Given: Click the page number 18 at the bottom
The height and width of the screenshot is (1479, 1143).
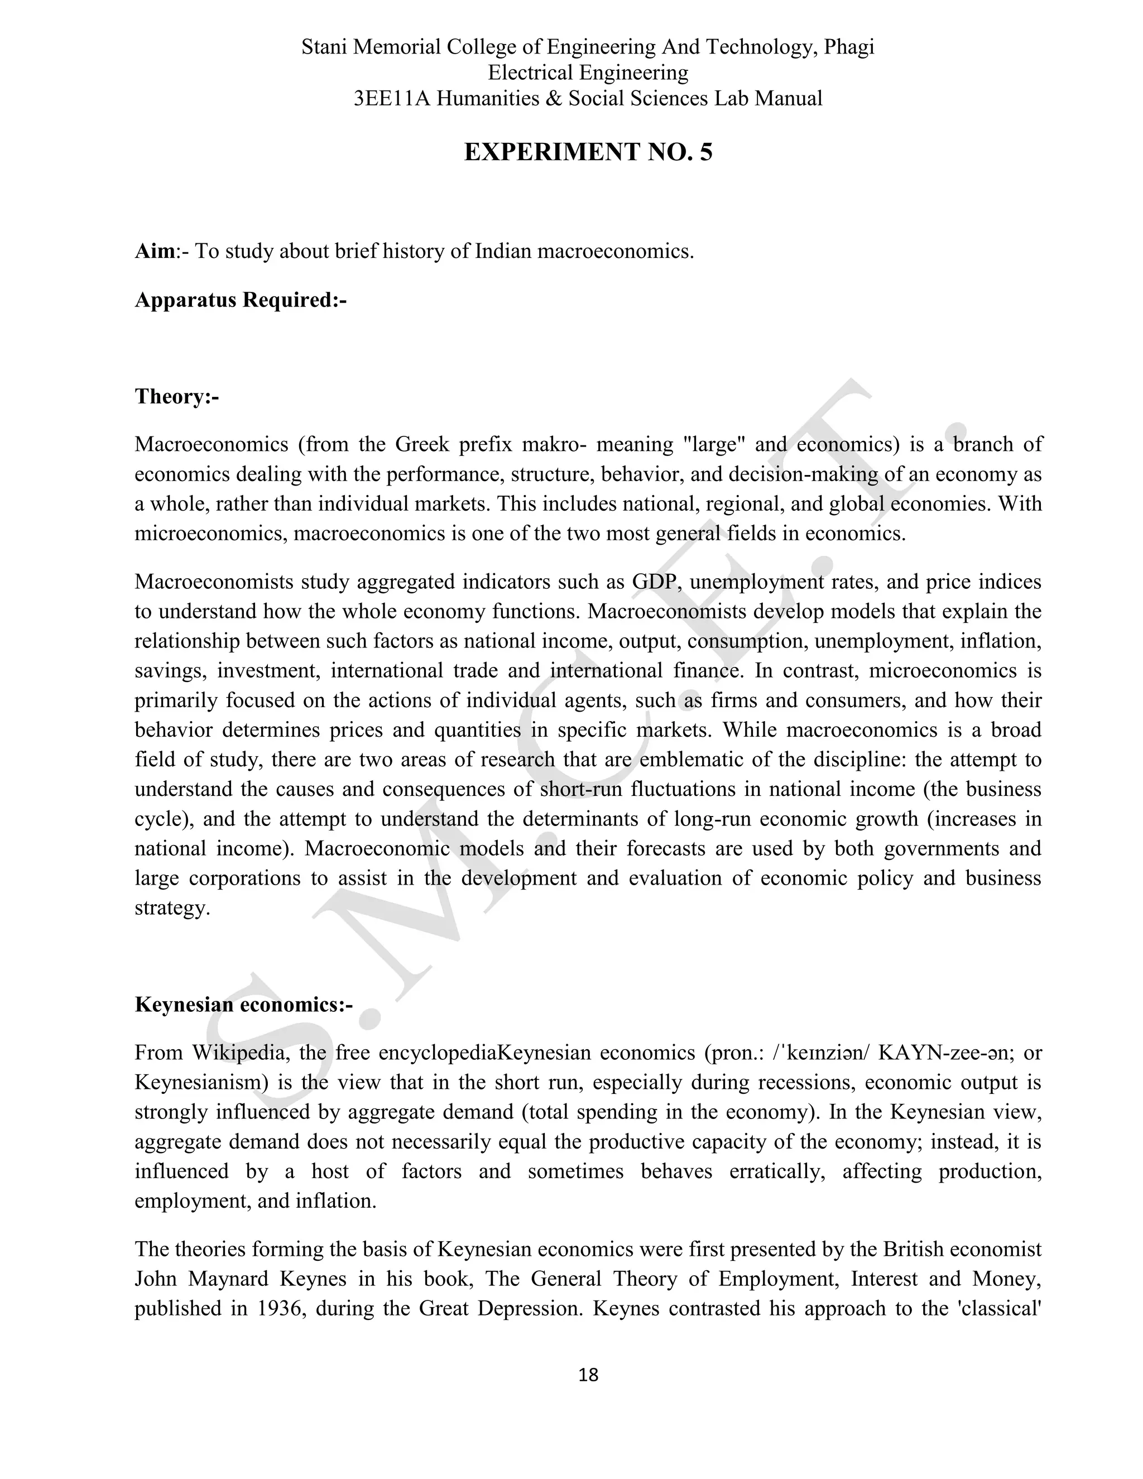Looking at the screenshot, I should point(588,1375).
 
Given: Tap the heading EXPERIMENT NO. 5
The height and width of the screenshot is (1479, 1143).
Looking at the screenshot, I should point(588,152).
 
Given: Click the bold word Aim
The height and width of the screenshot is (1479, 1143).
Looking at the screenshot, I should point(155,251).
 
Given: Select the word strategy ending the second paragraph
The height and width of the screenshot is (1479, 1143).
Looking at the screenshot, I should point(172,908).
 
